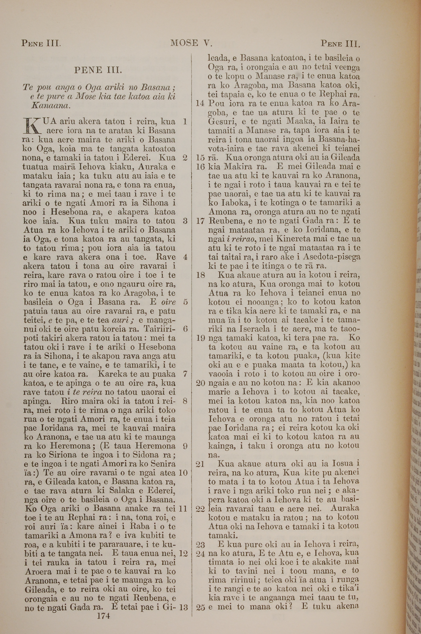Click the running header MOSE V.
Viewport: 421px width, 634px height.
(191, 43)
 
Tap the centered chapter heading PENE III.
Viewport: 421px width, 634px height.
(98, 70)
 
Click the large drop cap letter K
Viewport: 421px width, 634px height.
(32, 126)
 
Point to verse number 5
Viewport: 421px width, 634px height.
(185, 302)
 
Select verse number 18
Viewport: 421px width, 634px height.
(200, 275)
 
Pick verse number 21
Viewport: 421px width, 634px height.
(200, 464)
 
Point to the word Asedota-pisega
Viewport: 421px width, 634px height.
(331, 257)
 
